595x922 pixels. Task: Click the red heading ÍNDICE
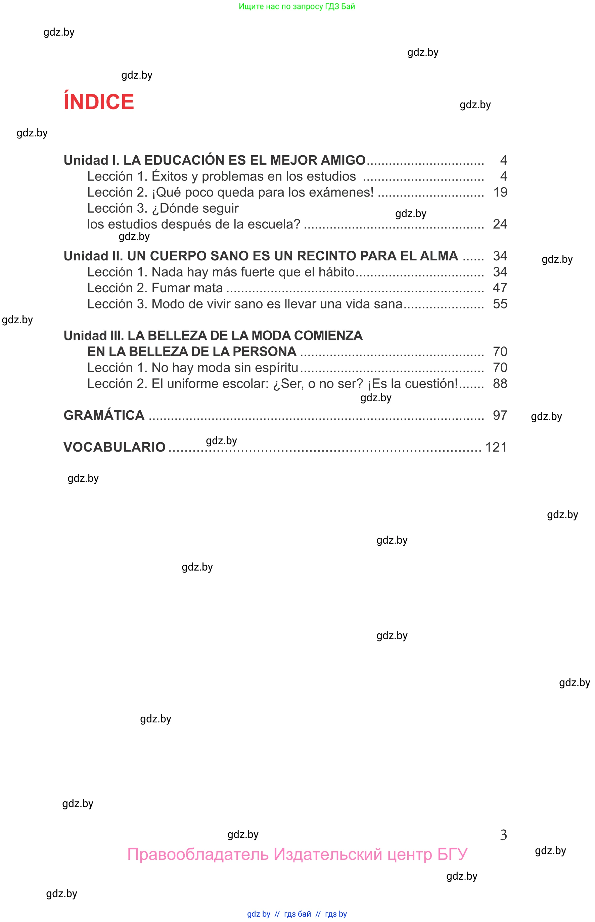coord(99,102)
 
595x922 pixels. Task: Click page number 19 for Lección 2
coord(500,192)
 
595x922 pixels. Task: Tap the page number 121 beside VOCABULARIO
coord(496,447)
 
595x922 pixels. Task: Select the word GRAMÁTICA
coord(104,415)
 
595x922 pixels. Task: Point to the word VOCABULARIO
coord(115,447)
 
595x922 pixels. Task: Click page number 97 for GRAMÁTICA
coord(500,415)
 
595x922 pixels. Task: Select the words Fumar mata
coord(187,288)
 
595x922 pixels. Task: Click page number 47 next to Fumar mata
coord(500,288)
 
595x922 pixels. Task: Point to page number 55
coord(500,304)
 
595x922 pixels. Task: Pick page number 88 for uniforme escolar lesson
coord(500,383)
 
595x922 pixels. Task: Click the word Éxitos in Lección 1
coord(170,176)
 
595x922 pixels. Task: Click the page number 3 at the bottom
coord(503,835)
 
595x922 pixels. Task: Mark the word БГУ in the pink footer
coord(452,854)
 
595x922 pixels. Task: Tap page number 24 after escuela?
coord(500,224)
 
